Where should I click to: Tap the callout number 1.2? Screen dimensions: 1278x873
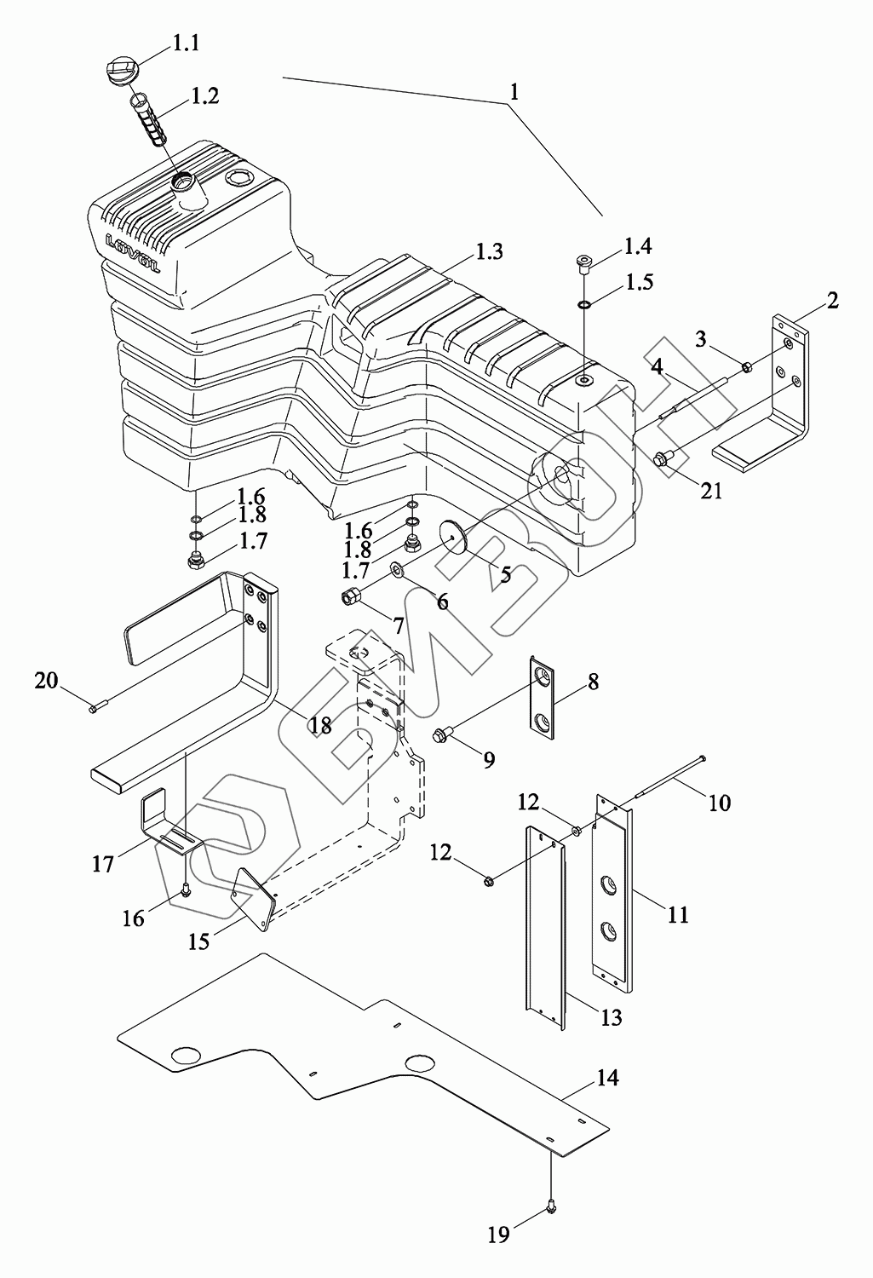tap(205, 95)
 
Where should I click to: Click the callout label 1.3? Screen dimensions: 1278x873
tap(489, 251)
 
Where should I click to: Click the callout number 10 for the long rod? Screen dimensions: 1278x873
tap(720, 803)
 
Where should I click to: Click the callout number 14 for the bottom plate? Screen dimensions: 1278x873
tap(608, 1079)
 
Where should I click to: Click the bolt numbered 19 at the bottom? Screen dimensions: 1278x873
tap(552, 1206)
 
